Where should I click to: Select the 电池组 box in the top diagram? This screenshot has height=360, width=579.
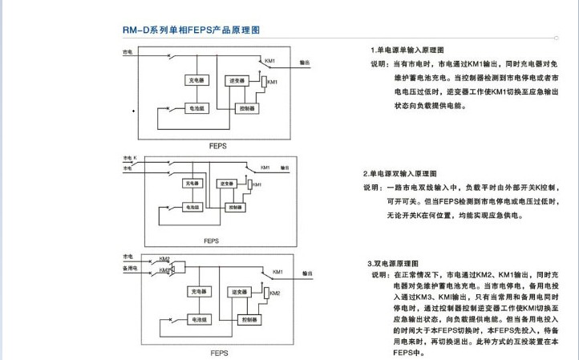point(196,107)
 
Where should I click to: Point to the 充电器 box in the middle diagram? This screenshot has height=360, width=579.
point(192,184)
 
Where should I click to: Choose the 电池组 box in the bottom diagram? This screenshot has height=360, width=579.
point(198,319)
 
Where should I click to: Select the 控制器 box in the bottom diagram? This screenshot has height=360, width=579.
point(248,319)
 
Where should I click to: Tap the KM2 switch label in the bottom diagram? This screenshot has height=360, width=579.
point(164,259)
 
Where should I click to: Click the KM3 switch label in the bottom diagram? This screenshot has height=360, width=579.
point(164,270)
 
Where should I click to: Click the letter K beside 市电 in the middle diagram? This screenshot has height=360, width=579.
point(136,158)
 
